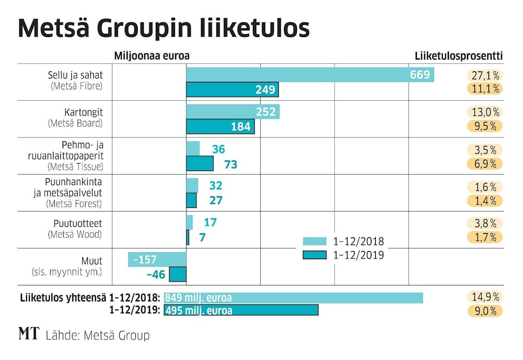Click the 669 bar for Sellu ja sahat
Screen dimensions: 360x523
[310, 75]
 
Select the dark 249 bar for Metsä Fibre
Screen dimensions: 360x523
[232, 89]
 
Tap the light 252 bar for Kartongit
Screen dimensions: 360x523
[233, 112]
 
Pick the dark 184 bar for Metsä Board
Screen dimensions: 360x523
[220, 126]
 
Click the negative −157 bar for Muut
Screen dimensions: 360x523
[157, 260]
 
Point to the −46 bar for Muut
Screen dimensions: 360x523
[178, 274]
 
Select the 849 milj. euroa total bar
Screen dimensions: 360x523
[293, 298]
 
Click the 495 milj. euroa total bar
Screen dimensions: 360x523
[241, 310]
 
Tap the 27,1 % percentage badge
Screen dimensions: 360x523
[485, 75]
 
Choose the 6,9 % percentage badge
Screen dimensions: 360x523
[485, 164]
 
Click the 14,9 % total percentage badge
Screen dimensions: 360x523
[485, 297]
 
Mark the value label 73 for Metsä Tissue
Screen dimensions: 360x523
[231, 164]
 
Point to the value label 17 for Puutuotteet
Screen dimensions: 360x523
[210, 222]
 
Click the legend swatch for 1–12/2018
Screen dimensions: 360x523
[314, 242]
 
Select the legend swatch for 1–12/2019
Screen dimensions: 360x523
[314, 255]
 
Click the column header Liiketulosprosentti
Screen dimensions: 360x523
[458, 56]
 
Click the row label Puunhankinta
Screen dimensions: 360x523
[74, 183]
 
